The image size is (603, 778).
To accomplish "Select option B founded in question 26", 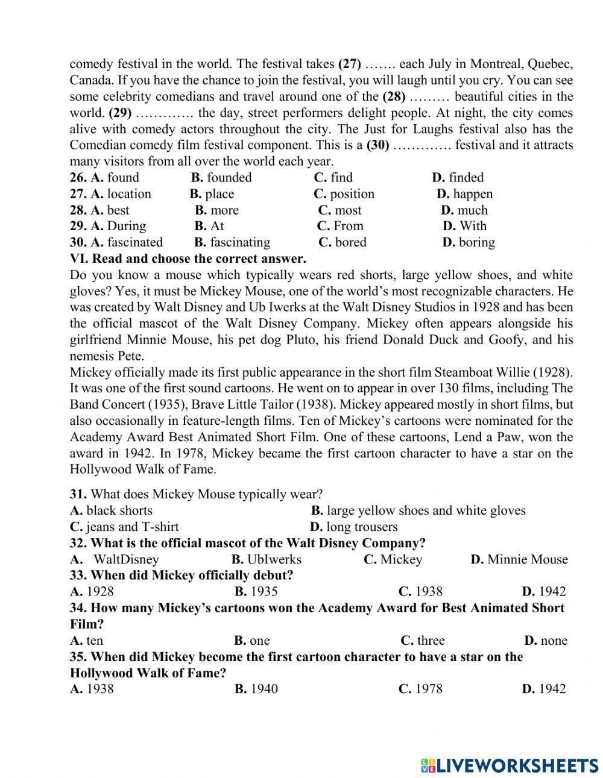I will point(221,177).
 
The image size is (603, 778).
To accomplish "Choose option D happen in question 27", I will point(464,193).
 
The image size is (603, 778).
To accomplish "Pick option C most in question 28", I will point(339,210).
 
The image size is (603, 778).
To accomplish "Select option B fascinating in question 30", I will point(232,242).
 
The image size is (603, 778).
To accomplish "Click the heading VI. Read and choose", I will point(188,259).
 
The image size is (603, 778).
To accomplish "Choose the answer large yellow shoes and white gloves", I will point(418,510).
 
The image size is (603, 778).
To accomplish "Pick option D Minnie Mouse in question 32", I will point(519,559).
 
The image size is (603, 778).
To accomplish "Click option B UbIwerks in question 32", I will point(266,559).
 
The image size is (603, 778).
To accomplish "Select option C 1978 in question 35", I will point(420,689).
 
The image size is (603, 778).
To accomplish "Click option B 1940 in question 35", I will point(256,689).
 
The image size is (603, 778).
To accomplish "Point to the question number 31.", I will point(78,494).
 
